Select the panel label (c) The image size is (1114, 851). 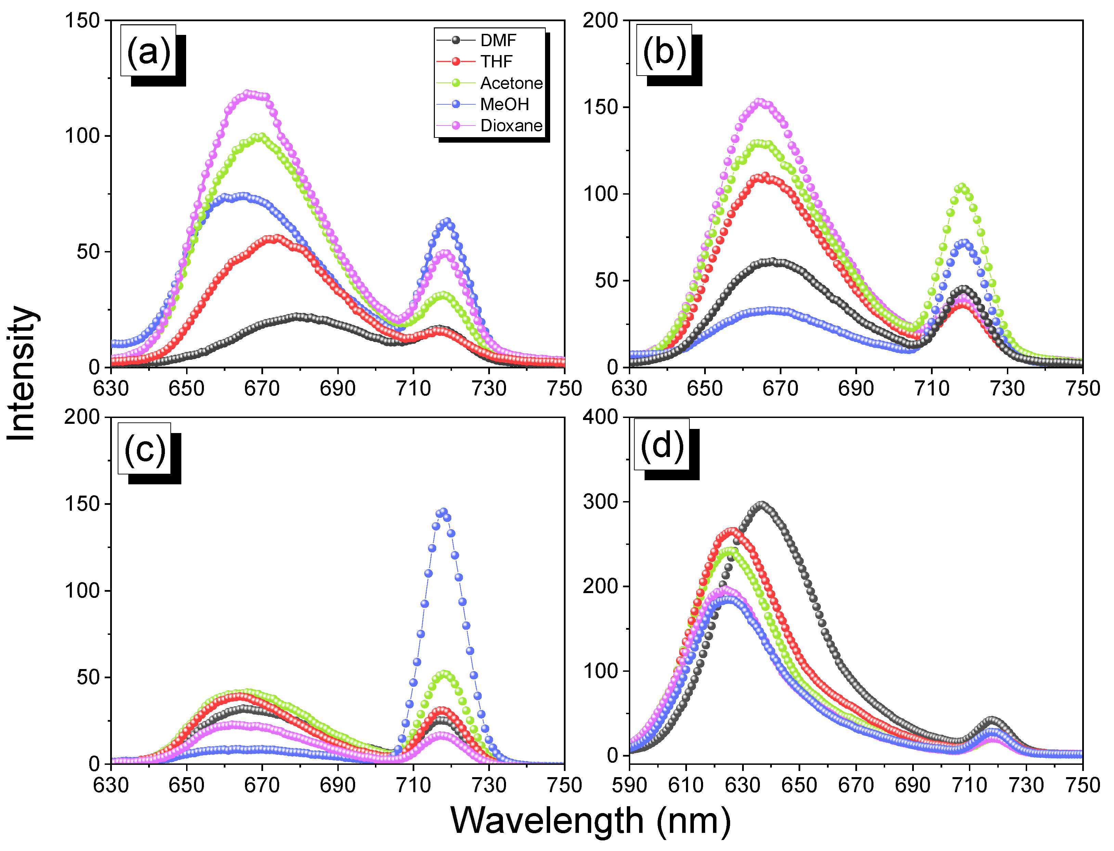click(145, 449)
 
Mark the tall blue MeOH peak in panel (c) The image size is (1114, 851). click(443, 512)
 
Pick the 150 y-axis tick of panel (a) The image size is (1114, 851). click(82, 21)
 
